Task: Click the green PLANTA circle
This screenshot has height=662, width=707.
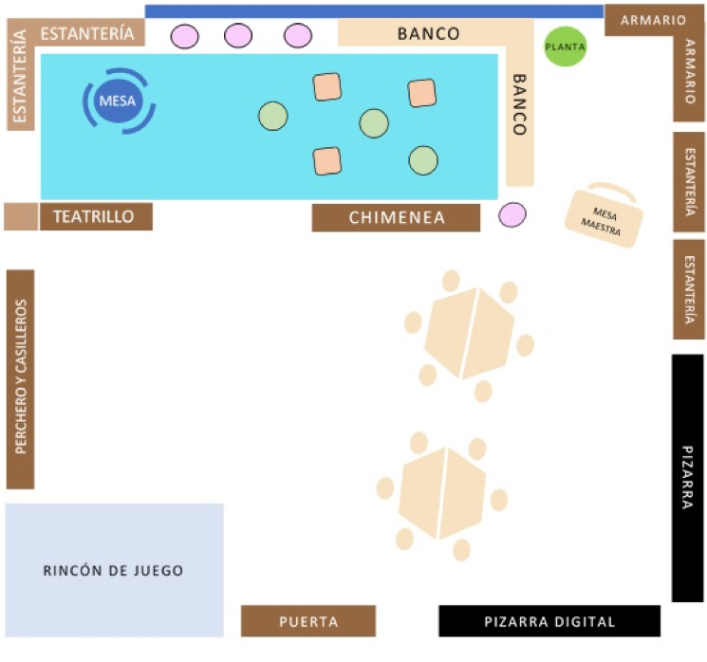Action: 565,46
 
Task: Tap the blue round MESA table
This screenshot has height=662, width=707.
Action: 118,98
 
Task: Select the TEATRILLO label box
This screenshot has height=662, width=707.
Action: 96,216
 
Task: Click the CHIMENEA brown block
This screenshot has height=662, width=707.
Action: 396,217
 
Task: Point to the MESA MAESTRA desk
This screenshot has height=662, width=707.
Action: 605,217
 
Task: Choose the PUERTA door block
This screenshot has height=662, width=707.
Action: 308,621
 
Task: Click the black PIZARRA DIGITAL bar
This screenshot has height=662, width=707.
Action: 549,621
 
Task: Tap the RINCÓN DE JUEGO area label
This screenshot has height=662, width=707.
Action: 114,570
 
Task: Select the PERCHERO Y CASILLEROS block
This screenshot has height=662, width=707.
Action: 21,378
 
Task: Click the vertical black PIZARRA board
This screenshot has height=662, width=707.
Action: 687,478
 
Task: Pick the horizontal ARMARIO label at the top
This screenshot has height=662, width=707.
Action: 653,20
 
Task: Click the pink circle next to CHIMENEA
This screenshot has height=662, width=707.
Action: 512,215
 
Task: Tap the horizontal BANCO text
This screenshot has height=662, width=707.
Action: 428,34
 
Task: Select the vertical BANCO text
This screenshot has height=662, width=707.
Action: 519,104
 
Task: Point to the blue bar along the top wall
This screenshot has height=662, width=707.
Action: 374,11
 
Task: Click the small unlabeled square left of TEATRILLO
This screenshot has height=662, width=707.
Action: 20,216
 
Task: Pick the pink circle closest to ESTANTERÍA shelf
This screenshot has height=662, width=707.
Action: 184,36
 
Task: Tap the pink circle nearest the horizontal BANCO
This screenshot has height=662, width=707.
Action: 298,36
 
